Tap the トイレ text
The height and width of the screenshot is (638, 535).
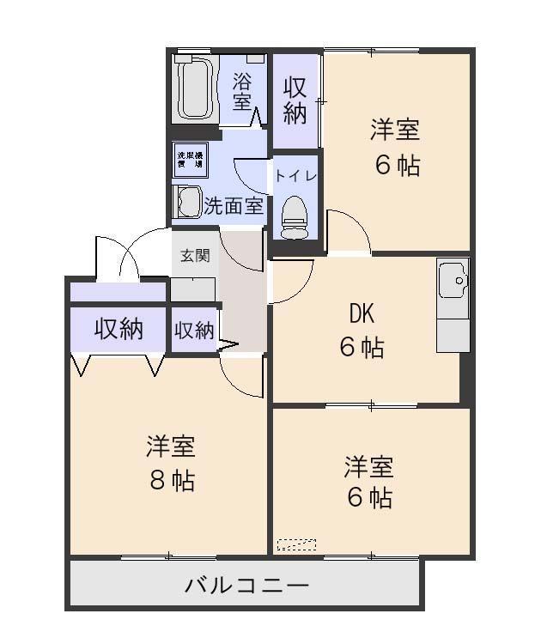point(295,175)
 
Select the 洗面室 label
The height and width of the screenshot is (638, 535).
point(233,206)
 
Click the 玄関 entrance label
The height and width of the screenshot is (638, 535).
point(194,256)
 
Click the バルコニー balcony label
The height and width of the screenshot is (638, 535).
point(247,586)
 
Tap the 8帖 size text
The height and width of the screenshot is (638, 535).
point(172,480)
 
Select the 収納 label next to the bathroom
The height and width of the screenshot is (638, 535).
point(295,100)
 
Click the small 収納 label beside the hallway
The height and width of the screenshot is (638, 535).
point(194,331)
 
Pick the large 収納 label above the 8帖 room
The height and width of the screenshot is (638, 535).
point(119,328)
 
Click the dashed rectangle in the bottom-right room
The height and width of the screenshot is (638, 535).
point(296,544)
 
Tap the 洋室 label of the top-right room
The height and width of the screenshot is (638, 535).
point(395,131)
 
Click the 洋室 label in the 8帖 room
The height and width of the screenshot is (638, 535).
point(171,447)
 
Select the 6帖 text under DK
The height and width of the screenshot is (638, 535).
point(362,348)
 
